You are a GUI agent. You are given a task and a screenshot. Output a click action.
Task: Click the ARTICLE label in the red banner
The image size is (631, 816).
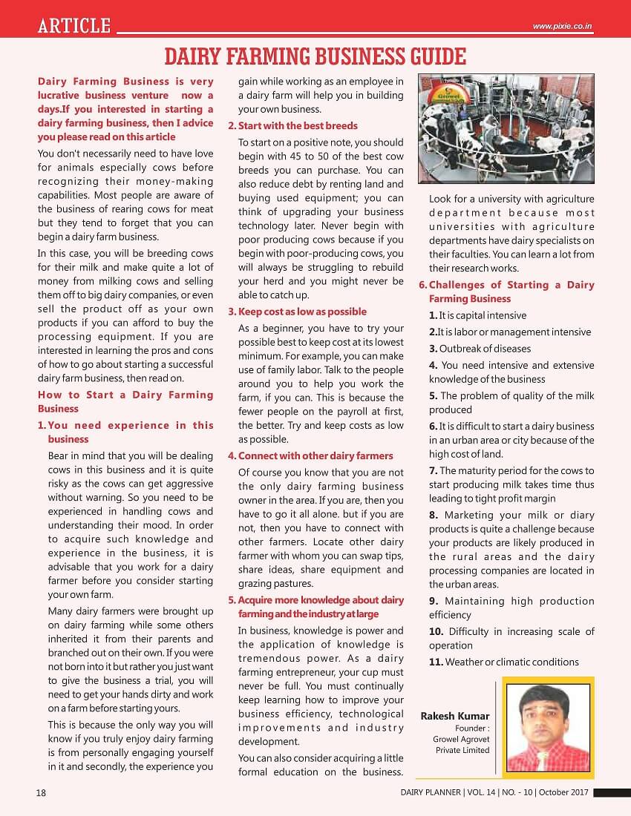75,27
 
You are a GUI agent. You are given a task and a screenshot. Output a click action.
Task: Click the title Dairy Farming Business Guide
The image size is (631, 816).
315,56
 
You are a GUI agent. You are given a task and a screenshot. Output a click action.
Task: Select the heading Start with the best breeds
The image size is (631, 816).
297,125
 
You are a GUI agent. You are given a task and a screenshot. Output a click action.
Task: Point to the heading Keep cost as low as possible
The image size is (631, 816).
302,312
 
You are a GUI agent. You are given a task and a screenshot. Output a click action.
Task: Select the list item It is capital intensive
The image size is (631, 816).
477,315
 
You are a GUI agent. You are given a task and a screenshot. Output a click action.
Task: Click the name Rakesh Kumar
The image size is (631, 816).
455,716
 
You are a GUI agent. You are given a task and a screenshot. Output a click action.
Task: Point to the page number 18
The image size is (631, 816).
41,792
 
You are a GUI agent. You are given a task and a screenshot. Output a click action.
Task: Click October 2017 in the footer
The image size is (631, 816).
564,792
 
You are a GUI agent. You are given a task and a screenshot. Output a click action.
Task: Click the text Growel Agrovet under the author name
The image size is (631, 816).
462,739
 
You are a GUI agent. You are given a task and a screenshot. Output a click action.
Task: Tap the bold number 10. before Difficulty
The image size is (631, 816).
437,631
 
